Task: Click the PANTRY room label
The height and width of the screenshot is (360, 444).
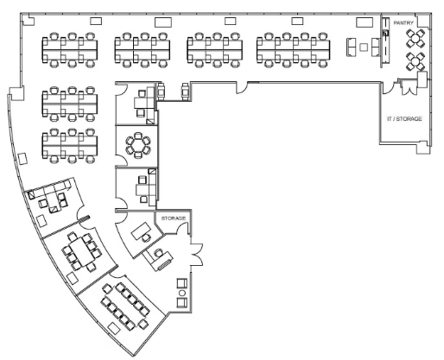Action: (403, 22)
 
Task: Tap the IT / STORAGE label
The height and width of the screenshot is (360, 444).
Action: (404, 118)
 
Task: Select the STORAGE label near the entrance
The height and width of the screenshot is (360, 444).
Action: (174, 218)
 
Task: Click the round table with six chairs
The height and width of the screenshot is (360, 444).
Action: (138, 145)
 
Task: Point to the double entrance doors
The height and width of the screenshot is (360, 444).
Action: (197, 255)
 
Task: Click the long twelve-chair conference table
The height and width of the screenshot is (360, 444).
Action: (125, 306)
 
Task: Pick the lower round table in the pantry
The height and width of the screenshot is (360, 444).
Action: (415, 61)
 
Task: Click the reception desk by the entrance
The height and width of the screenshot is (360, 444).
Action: (158, 261)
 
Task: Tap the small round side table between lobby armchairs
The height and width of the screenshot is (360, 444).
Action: (182, 293)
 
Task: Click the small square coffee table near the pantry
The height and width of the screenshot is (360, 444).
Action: (364, 47)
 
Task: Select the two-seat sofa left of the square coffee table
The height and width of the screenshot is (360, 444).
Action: (350, 47)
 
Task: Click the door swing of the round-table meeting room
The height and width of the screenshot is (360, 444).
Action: (122, 160)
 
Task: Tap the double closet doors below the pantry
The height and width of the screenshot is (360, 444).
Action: (409, 89)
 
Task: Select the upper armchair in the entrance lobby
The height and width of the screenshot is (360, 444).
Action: (182, 283)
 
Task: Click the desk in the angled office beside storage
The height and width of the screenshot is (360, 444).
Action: (142, 231)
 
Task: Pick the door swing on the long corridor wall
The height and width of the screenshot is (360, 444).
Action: (242, 88)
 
